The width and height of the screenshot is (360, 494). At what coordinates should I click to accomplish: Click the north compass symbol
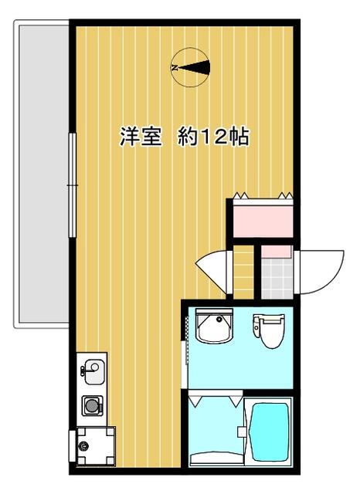(191, 67)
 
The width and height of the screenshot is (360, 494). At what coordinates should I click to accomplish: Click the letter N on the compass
(175, 67)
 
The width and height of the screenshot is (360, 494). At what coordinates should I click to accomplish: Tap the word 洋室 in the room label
(141, 137)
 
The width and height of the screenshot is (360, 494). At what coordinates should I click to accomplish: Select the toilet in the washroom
(269, 330)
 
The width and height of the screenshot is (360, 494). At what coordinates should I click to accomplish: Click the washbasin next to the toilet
(214, 326)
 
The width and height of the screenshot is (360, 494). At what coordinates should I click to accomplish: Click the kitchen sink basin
(93, 372)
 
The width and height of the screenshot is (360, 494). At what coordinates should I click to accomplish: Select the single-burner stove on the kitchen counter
(93, 404)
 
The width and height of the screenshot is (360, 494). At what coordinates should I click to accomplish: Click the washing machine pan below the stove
(96, 446)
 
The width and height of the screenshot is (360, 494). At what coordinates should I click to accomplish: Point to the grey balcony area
(43, 174)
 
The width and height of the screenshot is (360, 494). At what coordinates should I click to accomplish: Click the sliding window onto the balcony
(73, 185)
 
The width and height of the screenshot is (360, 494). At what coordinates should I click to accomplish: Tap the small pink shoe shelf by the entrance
(277, 252)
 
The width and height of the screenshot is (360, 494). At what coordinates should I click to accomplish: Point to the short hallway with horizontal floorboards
(243, 272)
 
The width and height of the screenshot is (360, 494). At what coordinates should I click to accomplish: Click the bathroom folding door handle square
(242, 431)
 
